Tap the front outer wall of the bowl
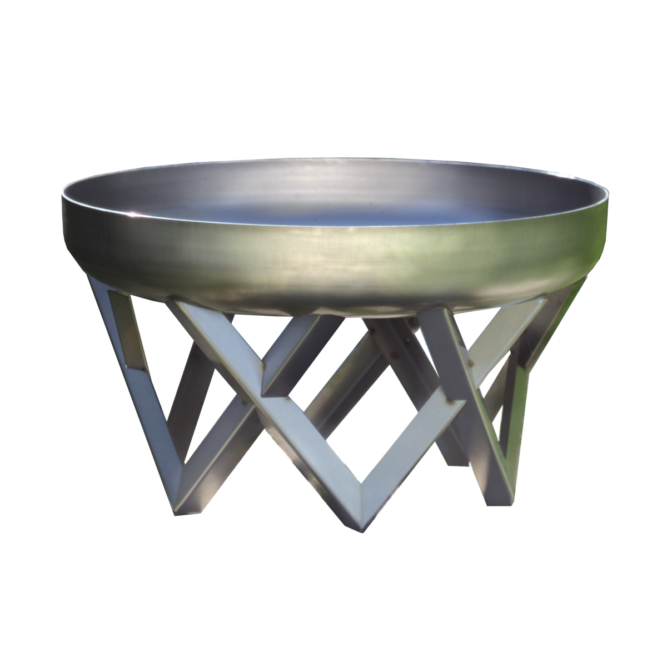pyautogui.click(x=333, y=267)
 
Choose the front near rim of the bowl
pyautogui.click(x=333, y=233)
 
